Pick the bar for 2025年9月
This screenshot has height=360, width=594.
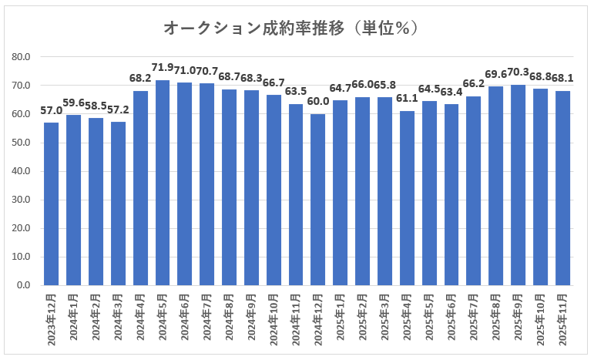[x=518, y=185]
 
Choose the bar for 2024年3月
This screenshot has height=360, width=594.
[x=118, y=204]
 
